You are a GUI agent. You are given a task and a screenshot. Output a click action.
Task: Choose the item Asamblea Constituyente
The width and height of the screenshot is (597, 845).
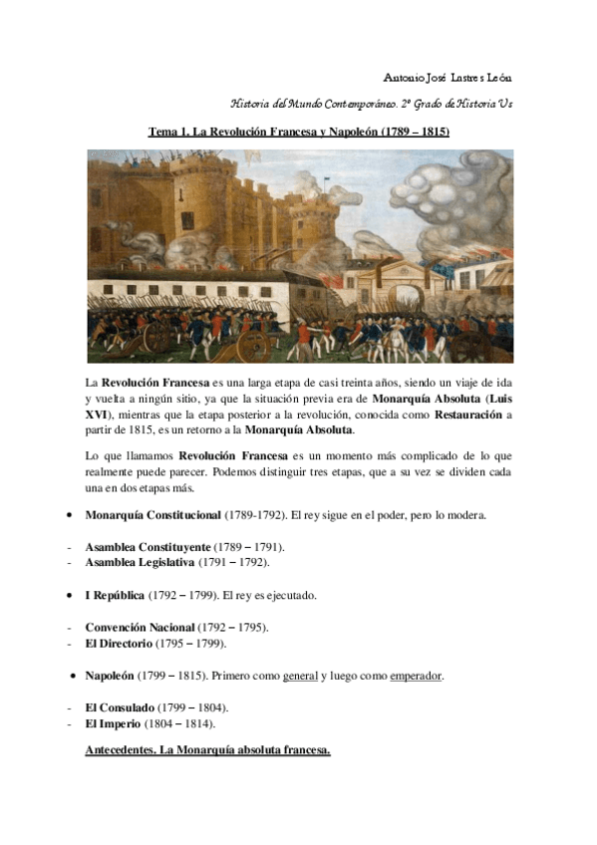click(148, 547)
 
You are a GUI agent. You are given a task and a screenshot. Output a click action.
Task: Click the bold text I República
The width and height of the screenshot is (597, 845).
click(114, 595)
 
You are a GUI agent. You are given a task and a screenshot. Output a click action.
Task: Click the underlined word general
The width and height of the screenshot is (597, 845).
click(300, 675)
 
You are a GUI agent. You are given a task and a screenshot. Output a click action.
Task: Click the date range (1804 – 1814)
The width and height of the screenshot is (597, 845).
click(179, 722)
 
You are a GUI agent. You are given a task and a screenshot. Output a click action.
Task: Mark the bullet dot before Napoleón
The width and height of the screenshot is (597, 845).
click(74, 675)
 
